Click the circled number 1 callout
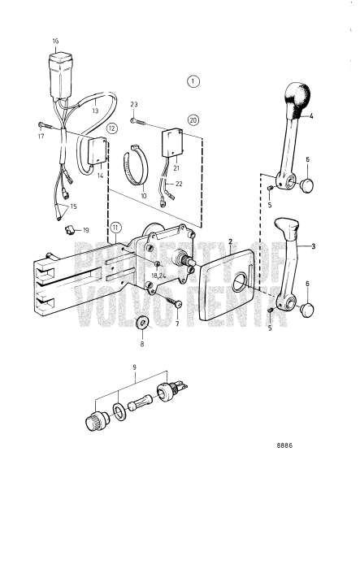click(193, 81)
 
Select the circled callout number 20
click(193, 119)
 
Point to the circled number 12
click(112, 128)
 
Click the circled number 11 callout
click(116, 227)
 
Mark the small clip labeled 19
click(70, 230)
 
